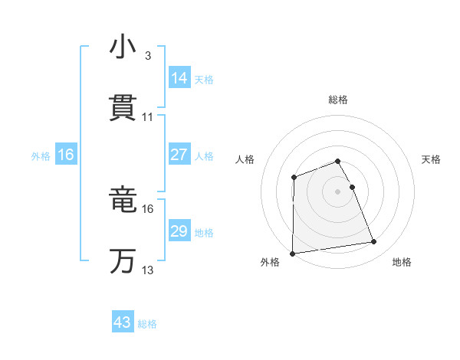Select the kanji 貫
123,108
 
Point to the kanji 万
123,260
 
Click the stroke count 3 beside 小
147,56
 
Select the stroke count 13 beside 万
148,270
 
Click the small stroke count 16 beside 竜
148,208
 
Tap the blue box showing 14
179,77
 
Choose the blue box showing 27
179,155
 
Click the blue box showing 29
179,231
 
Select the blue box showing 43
123,322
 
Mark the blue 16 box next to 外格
66,155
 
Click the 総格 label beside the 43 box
148,324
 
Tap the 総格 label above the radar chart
338,100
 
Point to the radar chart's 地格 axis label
402,263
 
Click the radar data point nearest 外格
292,254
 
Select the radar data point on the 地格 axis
374,242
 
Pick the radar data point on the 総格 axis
338,161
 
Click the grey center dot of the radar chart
338,191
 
